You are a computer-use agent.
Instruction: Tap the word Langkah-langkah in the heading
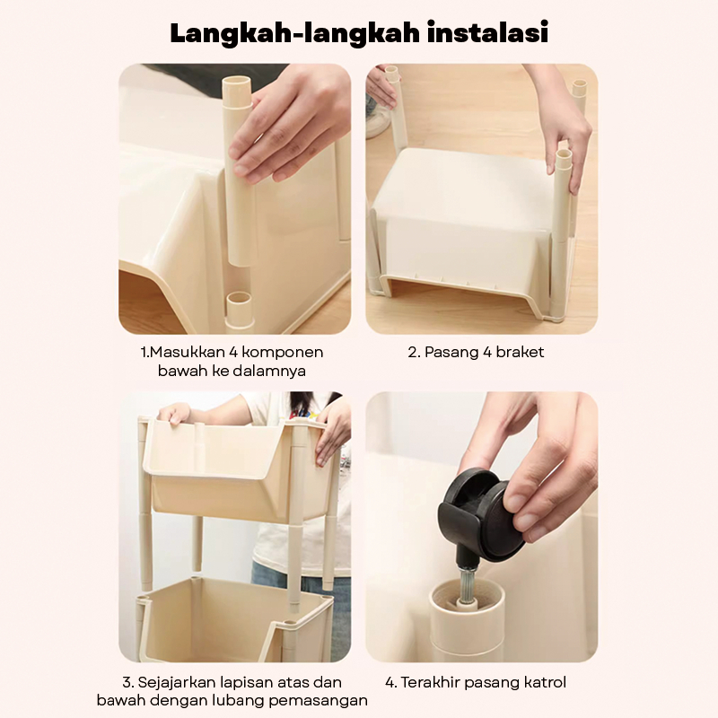click(295, 33)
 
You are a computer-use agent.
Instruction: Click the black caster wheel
click(482, 513)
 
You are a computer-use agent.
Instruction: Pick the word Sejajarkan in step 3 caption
click(176, 682)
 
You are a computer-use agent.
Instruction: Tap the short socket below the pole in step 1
click(240, 310)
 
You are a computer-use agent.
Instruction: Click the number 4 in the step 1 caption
click(245, 352)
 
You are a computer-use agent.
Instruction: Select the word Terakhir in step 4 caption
click(430, 682)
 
